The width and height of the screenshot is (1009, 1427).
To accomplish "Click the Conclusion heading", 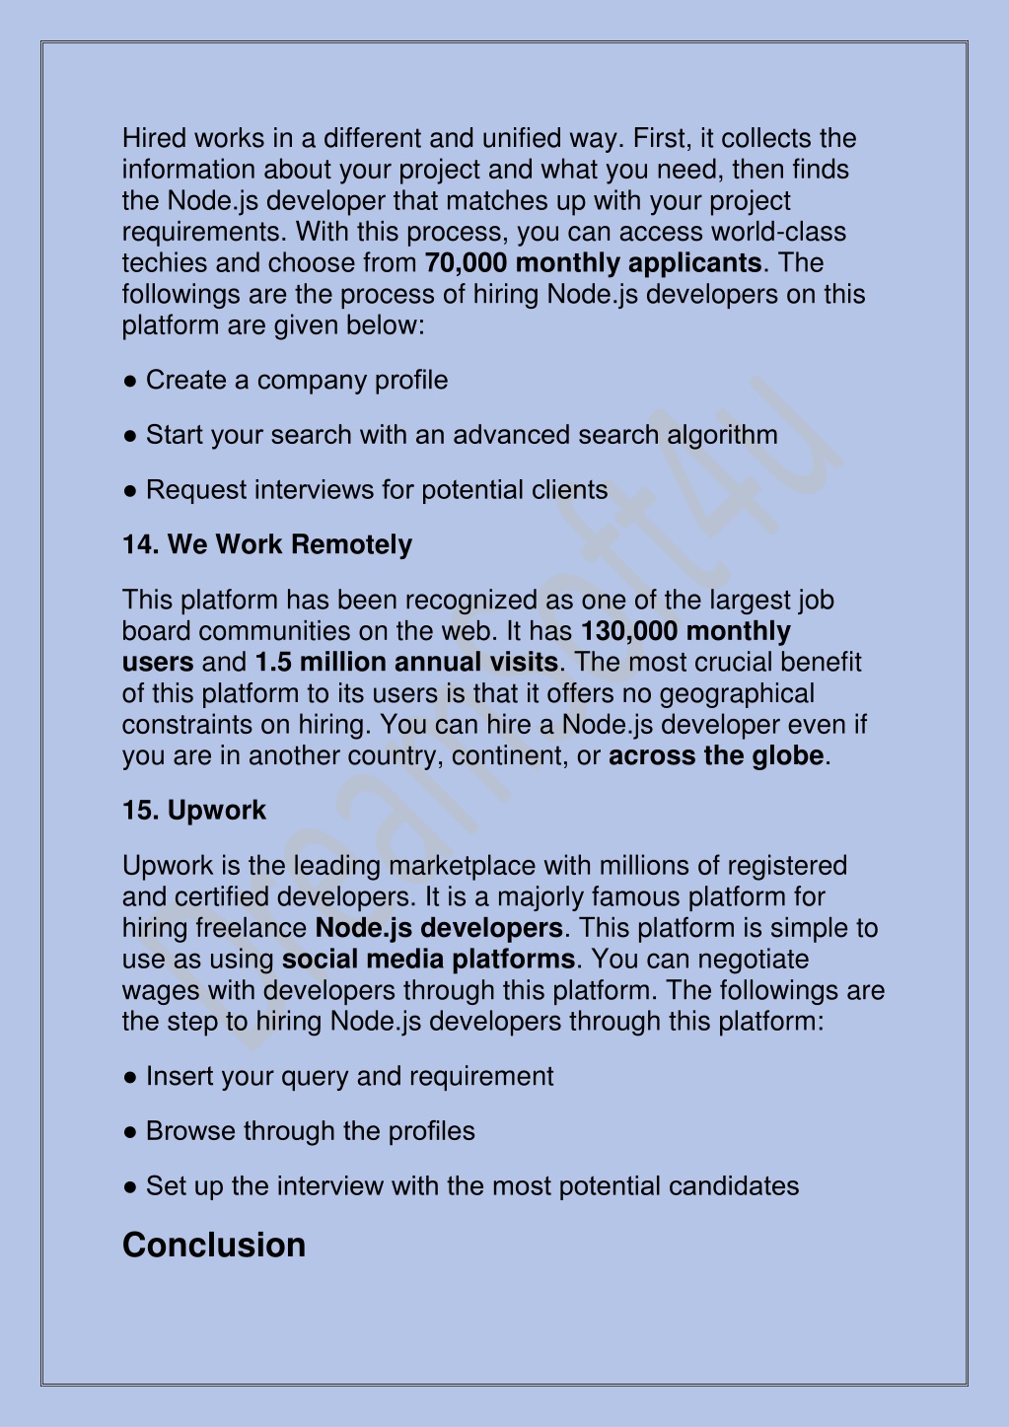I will [214, 1245].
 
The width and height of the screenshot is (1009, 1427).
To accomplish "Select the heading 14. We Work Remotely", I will [267, 544].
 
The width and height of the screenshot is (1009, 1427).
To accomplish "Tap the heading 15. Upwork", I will [194, 811].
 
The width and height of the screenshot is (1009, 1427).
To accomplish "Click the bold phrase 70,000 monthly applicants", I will [593, 263].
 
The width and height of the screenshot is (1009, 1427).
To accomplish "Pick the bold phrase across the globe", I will [716, 756].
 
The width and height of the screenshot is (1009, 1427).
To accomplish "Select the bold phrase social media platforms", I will [428, 960].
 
